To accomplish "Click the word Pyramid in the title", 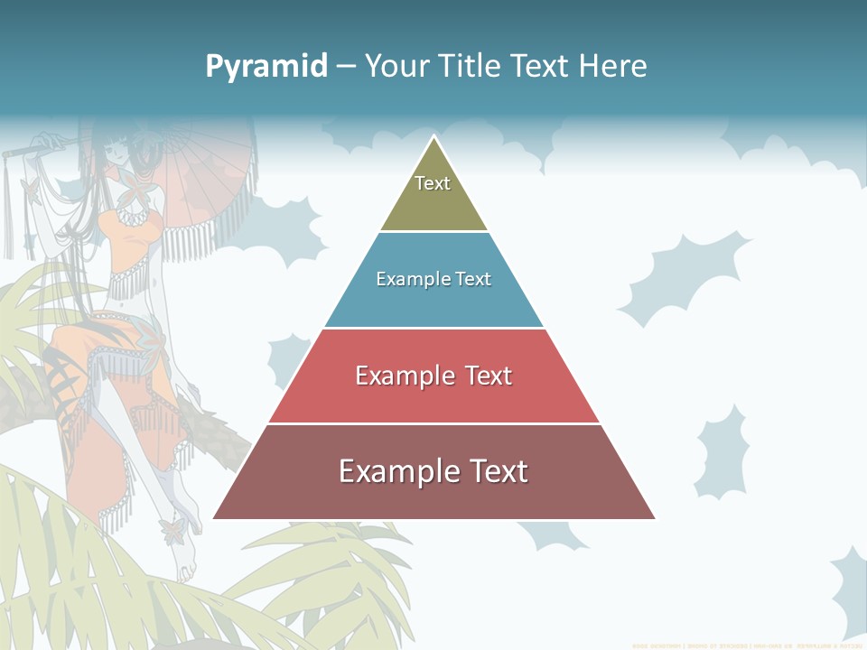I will pyautogui.click(x=266, y=67).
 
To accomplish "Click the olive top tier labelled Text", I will pyautogui.click(x=433, y=194).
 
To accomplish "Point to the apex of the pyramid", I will pyautogui.click(x=434, y=137).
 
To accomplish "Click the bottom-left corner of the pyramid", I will pyautogui.click(x=214, y=518).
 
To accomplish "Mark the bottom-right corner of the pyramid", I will pyautogui.click(x=654, y=518).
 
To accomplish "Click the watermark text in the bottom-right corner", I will pyautogui.click(x=748, y=645).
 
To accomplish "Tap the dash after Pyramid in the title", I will pyautogui.click(x=345, y=67).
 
